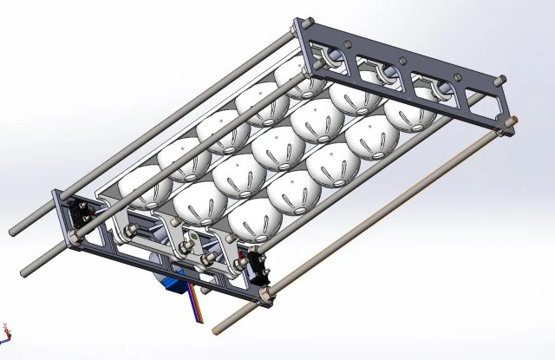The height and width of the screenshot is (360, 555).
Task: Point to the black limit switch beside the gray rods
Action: coord(84,211)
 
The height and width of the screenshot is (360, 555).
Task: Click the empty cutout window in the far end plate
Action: coord(480,95)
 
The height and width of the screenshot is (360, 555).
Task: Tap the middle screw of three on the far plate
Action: coord(402,61)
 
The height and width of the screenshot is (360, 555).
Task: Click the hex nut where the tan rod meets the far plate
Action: coord(501,132)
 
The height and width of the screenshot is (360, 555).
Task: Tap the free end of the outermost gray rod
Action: coord(15,232)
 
